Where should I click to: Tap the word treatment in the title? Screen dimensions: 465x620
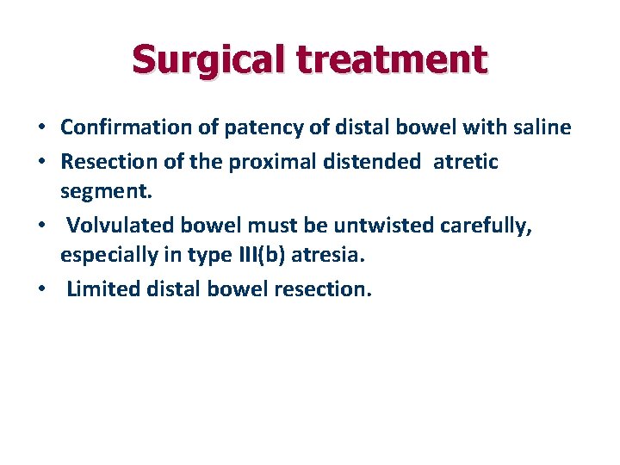pyautogui.click(x=394, y=59)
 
